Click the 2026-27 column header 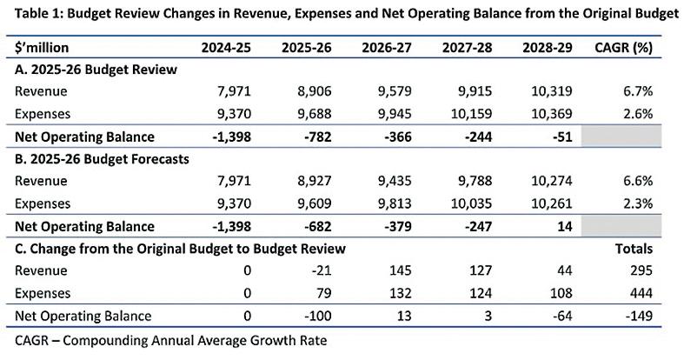tap(387, 47)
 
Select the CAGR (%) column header tap(623, 48)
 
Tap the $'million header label tap(42, 47)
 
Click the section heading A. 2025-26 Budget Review tap(96, 70)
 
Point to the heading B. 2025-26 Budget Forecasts tap(102, 159)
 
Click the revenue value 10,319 tap(551, 91)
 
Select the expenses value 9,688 tap(314, 114)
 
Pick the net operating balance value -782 tap(317, 137)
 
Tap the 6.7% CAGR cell tap(638, 91)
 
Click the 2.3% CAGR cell tap(638, 203)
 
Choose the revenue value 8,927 tap(314, 181)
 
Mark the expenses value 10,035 tap(471, 203)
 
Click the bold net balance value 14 tap(564, 226)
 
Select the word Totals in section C tap(634, 249)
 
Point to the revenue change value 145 tap(401, 270)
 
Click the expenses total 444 tap(641, 293)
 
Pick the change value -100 tap(317, 316)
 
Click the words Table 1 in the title tap(38, 14)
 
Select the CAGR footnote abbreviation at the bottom tap(32, 340)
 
